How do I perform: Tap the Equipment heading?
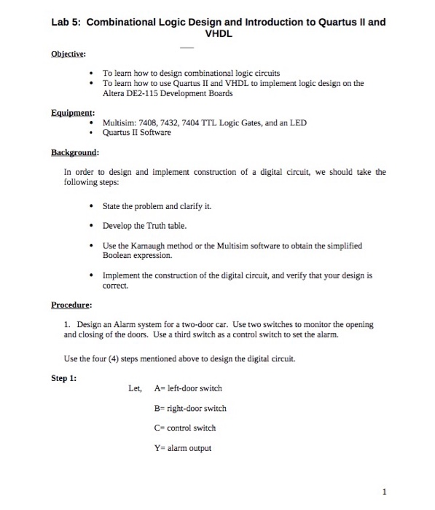[72, 113]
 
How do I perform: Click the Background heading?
[75, 153]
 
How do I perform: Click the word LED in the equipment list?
[299, 123]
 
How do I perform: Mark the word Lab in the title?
[60, 22]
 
